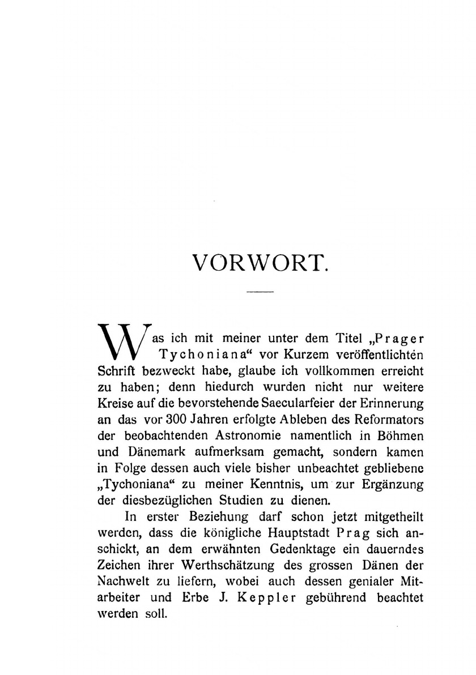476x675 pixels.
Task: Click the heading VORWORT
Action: coord(261,264)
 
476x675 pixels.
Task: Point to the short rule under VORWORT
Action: coord(261,292)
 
